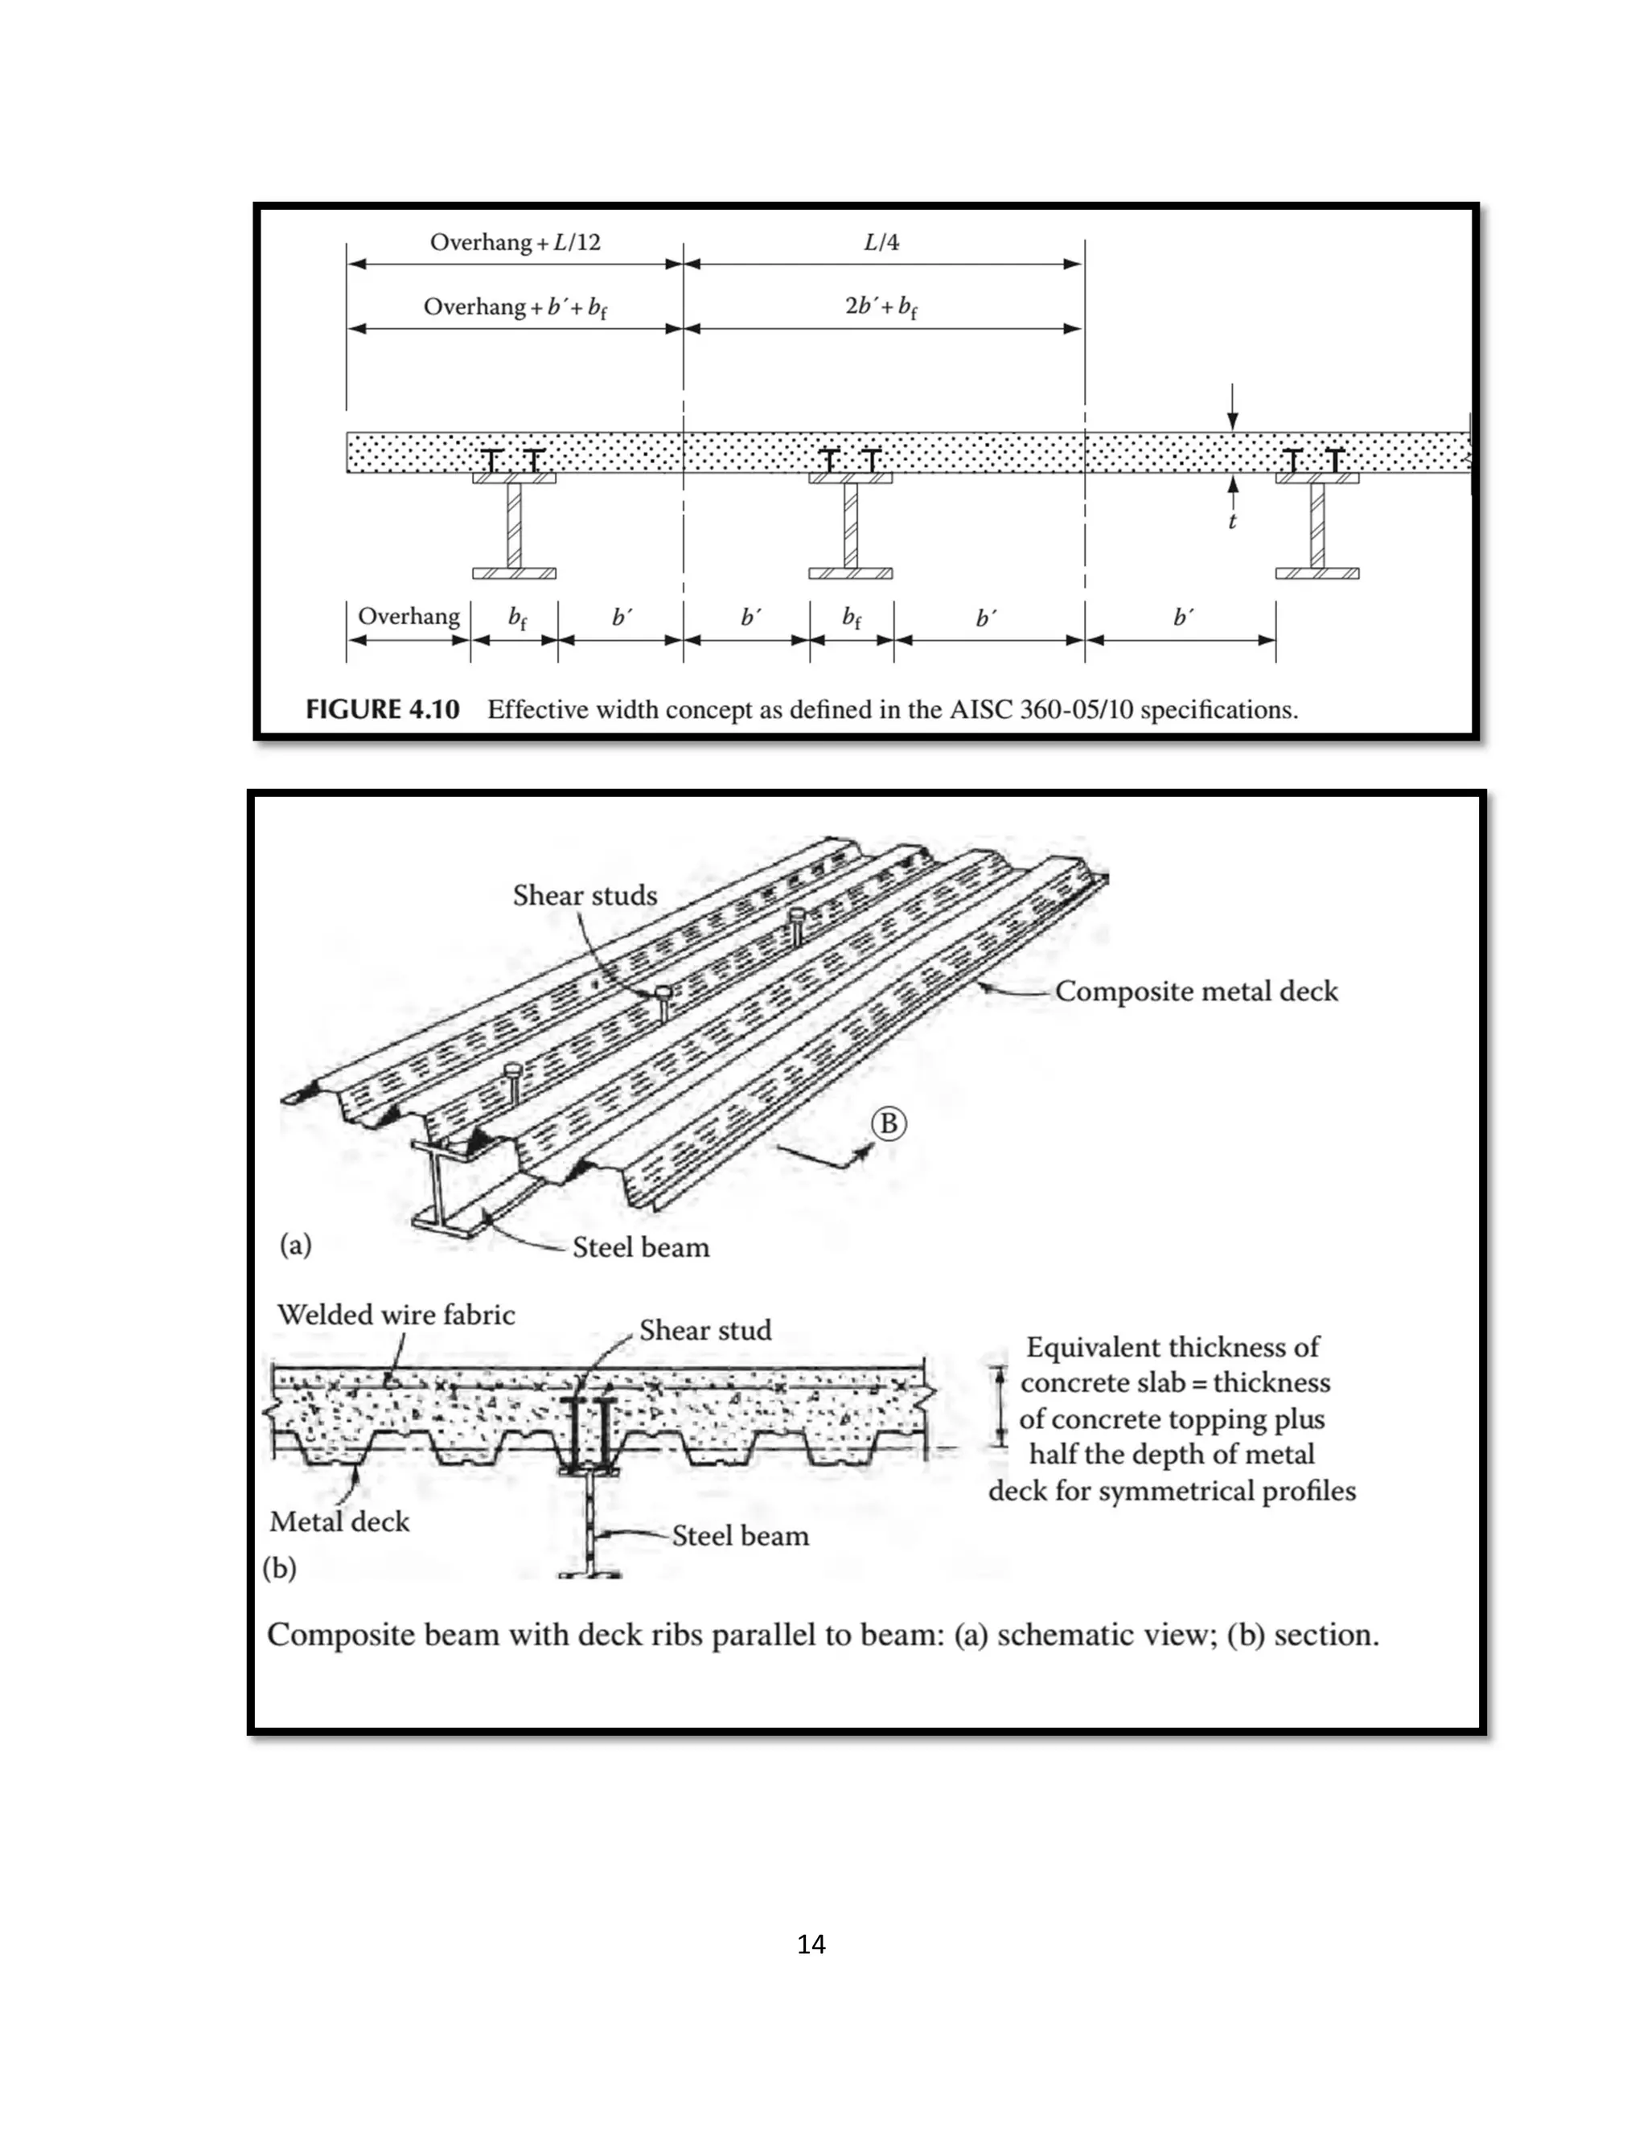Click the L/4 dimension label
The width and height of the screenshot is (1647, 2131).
(x=881, y=242)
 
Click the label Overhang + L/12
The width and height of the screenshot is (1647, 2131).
(x=515, y=242)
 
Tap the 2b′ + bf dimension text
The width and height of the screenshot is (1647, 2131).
(x=881, y=306)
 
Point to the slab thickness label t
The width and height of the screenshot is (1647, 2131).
(x=1232, y=521)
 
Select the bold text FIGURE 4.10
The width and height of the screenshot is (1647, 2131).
(x=383, y=709)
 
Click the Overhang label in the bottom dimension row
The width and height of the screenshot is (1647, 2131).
(x=409, y=616)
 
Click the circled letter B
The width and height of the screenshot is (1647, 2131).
(x=889, y=1124)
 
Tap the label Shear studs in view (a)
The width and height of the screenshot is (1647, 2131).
(x=585, y=896)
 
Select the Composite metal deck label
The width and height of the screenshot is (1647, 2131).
(x=1196, y=992)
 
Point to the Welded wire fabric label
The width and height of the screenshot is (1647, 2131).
(x=396, y=1314)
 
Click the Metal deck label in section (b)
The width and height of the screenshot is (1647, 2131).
(x=339, y=1521)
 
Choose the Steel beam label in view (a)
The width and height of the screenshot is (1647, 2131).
(x=641, y=1247)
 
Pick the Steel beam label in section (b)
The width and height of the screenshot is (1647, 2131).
(x=741, y=1536)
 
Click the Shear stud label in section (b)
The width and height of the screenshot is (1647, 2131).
(x=705, y=1330)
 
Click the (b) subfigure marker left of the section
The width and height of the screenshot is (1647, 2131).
(x=280, y=1568)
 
